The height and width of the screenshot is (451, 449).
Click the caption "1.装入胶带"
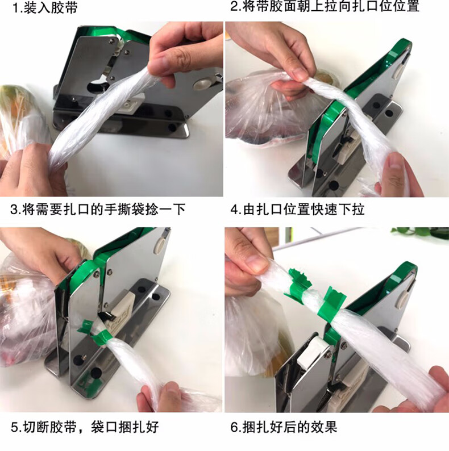coord(45,8)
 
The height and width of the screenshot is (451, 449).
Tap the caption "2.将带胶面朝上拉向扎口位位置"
coord(325,6)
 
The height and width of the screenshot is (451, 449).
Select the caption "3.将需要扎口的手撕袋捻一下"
coord(98,209)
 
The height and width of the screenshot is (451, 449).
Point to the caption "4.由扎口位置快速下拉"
coord(297,209)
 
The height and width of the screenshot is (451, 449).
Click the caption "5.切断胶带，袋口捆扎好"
coord(85,427)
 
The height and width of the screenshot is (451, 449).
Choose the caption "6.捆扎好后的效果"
coord(284,427)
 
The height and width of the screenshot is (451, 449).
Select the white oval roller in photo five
coord(159,246)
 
